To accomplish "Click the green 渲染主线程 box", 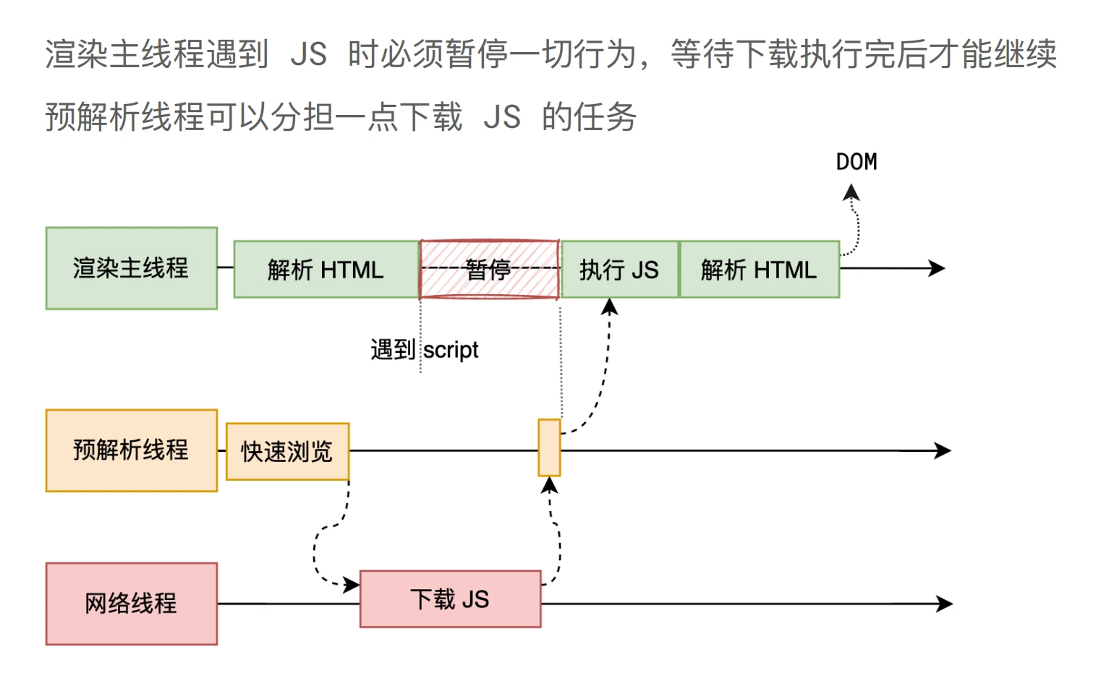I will pyautogui.click(x=132, y=268).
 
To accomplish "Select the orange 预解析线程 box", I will pyautogui.click(x=132, y=450).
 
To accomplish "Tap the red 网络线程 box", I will pyautogui.click(x=132, y=604).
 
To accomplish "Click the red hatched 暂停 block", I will pyautogui.click(x=489, y=269).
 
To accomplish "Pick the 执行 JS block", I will pyautogui.click(x=620, y=270).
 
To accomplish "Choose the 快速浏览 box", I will pyautogui.click(x=287, y=452).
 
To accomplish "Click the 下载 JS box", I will pyautogui.click(x=450, y=599).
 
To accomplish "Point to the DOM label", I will pyautogui.click(x=856, y=162).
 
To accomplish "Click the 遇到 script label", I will pyautogui.click(x=425, y=350).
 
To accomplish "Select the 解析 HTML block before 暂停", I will pyautogui.click(x=326, y=270).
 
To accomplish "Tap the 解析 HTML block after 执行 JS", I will pyautogui.click(x=759, y=270).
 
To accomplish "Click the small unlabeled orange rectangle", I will pyautogui.click(x=549, y=447).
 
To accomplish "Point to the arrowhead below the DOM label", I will pyautogui.click(x=851, y=192).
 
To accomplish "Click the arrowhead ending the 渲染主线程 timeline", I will pyautogui.click(x=938, y=268).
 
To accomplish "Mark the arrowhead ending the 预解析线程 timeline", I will pyautogui.click(x=943, y=450).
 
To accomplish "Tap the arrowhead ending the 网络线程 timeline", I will pyautogui.click(x=945, y=604).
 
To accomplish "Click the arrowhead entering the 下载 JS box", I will pyautogui.click(x=352, y=584).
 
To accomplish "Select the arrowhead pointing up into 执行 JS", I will pyautogui.click(x=610, y=307).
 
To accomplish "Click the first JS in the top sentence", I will pyautogui.click(x=309, y=54).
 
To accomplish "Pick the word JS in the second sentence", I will pyautogui.click(x=502, y=117).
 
